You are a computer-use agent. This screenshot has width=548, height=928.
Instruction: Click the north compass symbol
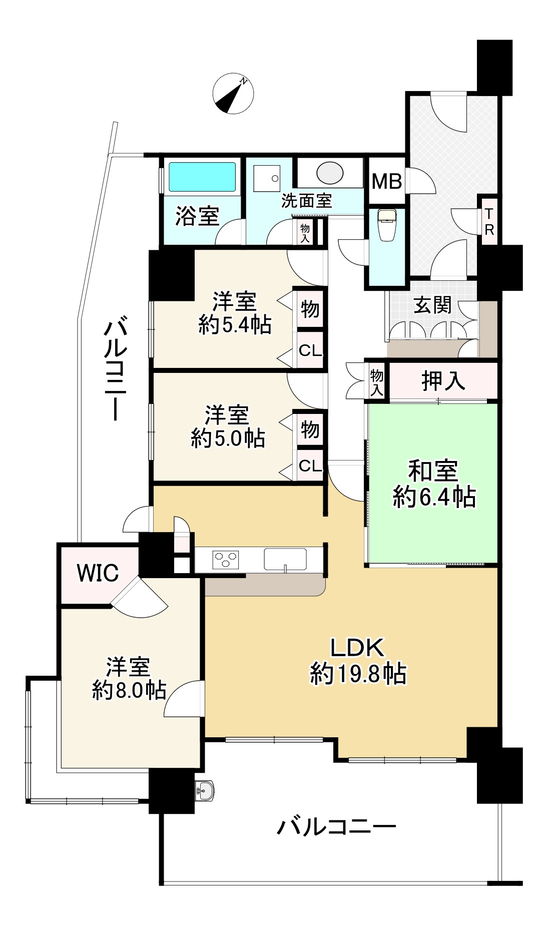click(x=233, y=93)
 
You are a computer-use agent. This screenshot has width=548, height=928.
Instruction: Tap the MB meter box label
click(x=386, y=181)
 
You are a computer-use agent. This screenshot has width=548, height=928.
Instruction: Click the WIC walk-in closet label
click(x=98, y=573)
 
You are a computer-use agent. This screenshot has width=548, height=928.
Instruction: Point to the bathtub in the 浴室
click(x=202, y=177)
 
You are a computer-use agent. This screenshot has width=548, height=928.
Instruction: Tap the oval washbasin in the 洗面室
click(x=330, y=173)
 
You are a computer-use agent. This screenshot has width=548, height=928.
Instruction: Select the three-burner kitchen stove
click(x=226, y=559)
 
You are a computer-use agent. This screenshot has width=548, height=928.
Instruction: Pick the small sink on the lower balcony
click(x=205, y=791)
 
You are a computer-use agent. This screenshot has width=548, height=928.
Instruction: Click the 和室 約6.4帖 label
click(x=434, y=484)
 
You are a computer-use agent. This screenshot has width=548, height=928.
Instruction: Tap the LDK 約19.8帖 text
click(x=358, y=660)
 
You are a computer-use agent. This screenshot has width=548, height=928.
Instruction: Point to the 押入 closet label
click(x=443, y=380)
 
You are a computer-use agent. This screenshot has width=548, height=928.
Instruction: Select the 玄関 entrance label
click(x=432, y=305)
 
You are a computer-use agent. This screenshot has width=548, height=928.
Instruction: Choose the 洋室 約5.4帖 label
click(x=235, y=313)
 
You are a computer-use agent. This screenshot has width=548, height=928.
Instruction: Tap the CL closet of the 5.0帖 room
click(x=310, y=466)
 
